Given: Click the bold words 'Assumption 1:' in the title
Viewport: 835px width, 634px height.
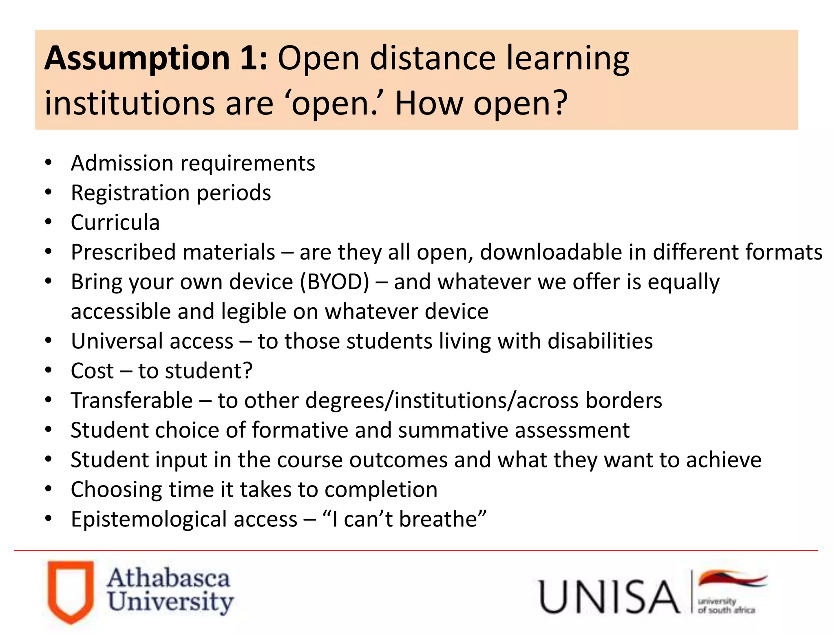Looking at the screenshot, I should pyautogui.click(x=156, y=58).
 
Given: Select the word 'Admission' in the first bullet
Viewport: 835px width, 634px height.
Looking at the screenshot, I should pyautogui.click(x=122, y=163).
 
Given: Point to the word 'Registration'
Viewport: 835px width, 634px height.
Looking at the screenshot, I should pyautogui.click(x=131, y=193).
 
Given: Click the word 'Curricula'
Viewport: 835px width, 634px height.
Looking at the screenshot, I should pyautogui.click(x=115, y=222).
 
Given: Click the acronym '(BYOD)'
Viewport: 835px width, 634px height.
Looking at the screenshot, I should pyautogui.click(x=335, y=282).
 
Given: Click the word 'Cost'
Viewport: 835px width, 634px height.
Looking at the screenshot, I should pyautogui.click(x=92, y=371).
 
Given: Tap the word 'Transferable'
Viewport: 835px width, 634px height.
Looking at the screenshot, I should pyautogui.click(x=132, y=401).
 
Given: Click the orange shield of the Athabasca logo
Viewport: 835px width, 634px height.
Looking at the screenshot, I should pyautogui.click(x=70, y=591).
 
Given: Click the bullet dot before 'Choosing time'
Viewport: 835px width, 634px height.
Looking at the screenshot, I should pyautogui.click(x=49, y=489).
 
